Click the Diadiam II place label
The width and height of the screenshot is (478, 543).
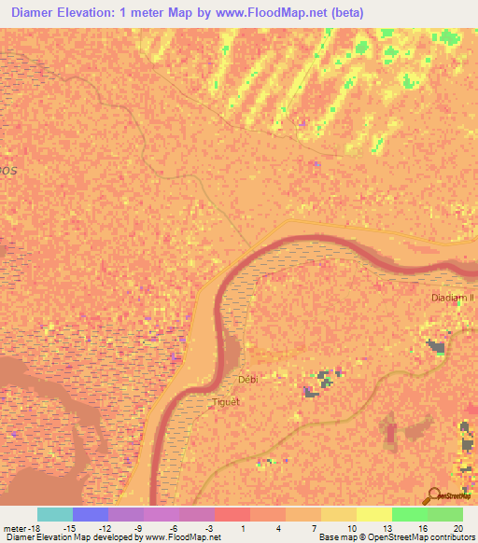point(453,298)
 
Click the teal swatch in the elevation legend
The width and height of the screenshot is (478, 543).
point(55,513)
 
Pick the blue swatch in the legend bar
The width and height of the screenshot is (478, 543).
point(91,513)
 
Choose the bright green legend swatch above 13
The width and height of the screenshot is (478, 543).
point(409,513)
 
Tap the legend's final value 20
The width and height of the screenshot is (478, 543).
point(457,527)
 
